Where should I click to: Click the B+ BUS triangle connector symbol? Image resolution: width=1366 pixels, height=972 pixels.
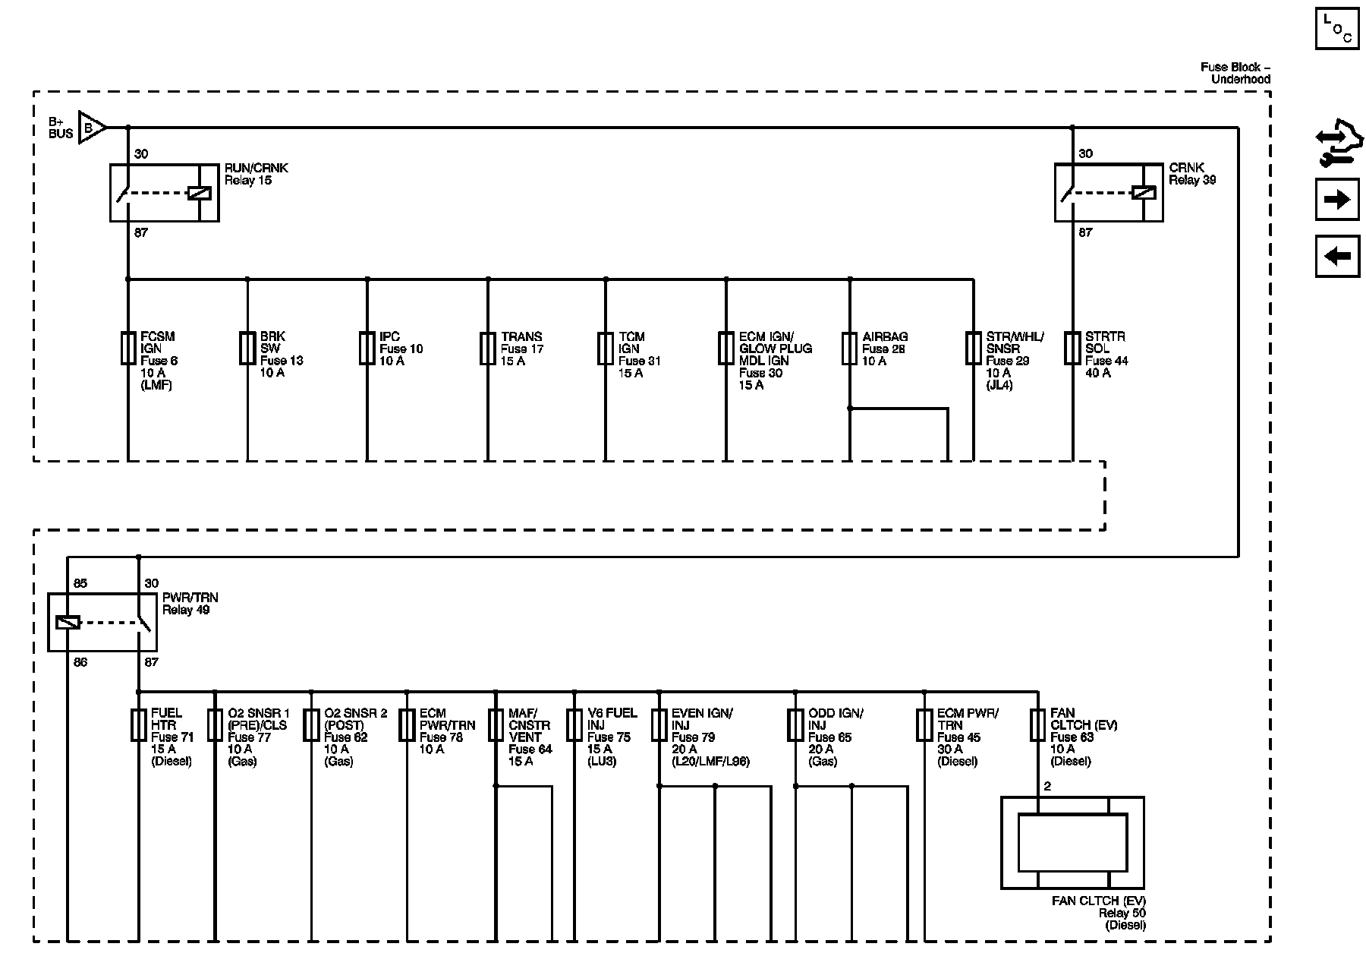click(91, 128)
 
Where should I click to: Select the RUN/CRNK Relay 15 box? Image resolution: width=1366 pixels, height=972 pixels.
click(165, 193)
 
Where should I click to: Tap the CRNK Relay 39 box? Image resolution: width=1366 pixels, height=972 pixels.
click(1109, 193)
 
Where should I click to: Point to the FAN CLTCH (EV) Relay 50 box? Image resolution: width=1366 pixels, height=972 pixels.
click(1072, 843)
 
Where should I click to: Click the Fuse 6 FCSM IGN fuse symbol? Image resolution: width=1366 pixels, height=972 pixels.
click(127, 348)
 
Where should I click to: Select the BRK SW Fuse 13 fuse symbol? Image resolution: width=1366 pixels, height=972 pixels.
click(247, 348)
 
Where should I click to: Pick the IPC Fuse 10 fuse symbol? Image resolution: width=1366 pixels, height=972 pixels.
click(367, 348)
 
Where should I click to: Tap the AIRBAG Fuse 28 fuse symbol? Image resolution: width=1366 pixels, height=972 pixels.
click(850, 348)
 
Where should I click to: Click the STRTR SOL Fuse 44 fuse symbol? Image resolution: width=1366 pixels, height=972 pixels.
click(1072, 348)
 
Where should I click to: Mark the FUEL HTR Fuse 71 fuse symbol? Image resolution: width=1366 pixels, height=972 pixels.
click(138, 725)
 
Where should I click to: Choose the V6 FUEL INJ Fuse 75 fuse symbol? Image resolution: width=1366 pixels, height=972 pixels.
click(575, 725)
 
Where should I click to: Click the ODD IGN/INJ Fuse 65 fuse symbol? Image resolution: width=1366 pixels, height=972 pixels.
click(795, 725)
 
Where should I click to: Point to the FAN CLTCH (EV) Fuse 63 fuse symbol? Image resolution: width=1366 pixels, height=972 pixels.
click(1037, 725)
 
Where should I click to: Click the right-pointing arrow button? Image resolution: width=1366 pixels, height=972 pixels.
click(1337, 200)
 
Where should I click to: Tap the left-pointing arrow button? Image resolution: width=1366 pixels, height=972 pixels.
click(1337, 256)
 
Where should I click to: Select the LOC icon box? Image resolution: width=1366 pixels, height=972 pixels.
click(1337, 30)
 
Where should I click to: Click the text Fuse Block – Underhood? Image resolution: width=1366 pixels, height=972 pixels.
click(1235, 73)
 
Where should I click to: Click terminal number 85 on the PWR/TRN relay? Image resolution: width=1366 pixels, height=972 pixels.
click(80, 583)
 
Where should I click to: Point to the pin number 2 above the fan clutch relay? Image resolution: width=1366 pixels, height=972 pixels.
click(1047, 786)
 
